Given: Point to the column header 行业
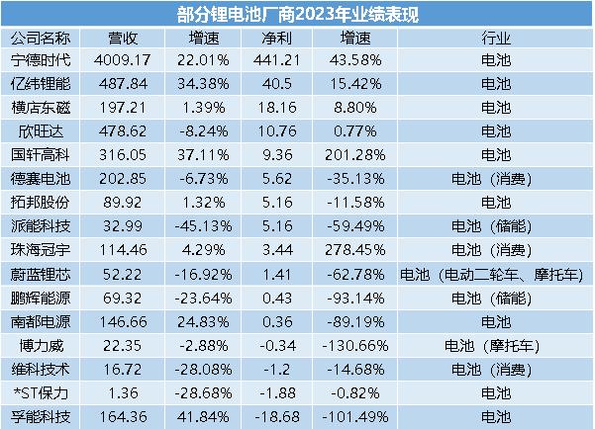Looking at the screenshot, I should click(x=495, y=39).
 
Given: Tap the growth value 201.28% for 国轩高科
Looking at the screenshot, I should click(x=352, y=154).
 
